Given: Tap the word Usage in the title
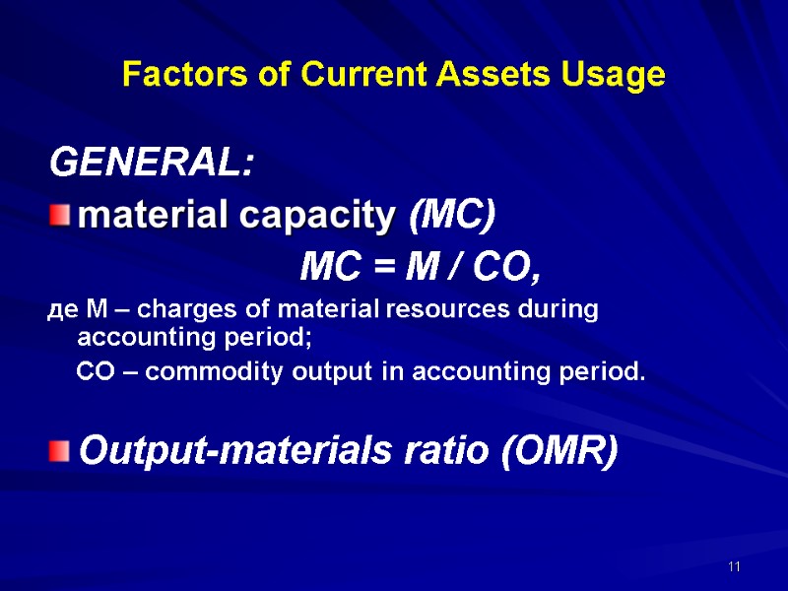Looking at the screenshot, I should [x=621, y=75].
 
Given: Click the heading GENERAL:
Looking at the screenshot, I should [x=152, y=163].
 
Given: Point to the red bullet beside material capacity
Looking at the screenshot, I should [x=61, y=215].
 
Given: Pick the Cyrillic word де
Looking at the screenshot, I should [x=60, y=310].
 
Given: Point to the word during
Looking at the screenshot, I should [x=556, y=310].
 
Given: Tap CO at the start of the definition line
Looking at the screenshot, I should [x=96, y=373].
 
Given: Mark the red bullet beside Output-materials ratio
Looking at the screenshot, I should [x=61, y=451].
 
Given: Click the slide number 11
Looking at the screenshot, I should [x=734, y=567].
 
